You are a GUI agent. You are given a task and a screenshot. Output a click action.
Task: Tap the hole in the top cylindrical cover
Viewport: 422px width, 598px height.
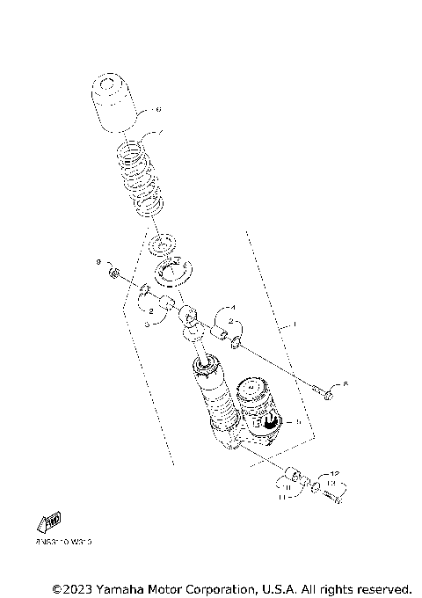click(109, 85)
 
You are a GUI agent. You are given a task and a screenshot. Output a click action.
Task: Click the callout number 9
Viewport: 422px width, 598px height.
click(98, 262)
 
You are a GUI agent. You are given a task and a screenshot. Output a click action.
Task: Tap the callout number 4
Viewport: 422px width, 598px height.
click(232, 307)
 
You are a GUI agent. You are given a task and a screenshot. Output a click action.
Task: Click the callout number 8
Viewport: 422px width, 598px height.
click(346, 384)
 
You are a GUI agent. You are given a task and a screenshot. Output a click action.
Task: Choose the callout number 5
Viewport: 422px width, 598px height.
click(299, 422)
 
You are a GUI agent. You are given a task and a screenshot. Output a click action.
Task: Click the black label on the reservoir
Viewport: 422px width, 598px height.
click(270, 423)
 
